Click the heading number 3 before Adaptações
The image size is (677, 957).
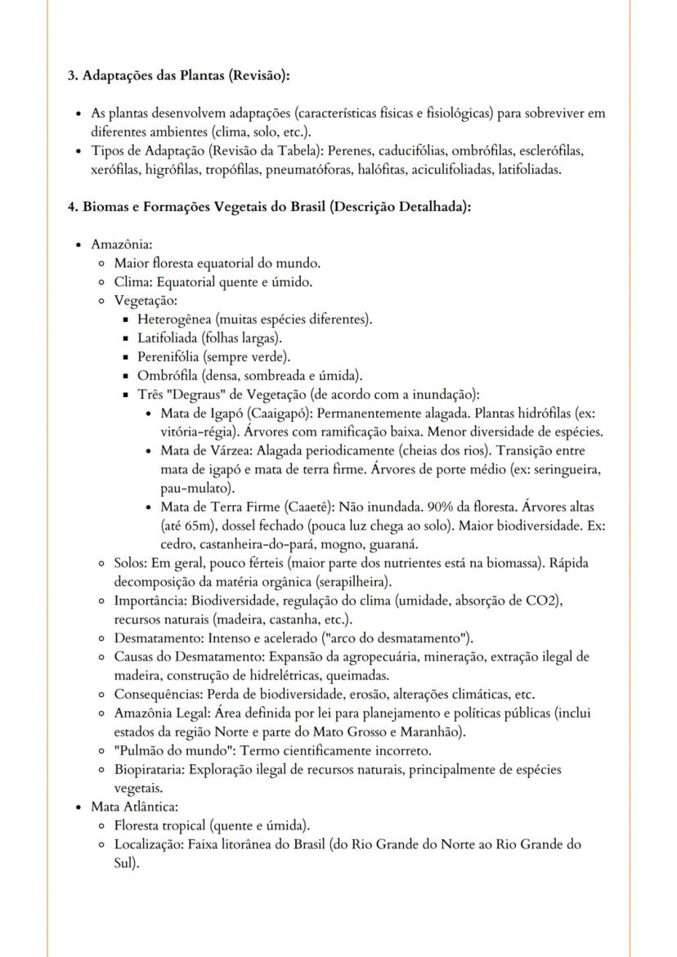coord(70,75)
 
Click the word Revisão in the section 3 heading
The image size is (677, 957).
coord(259,75)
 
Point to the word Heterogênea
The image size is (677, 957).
coord(173,319)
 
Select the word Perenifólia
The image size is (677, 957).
coord(169,356)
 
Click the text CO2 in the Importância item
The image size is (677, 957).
coord(537,601)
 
